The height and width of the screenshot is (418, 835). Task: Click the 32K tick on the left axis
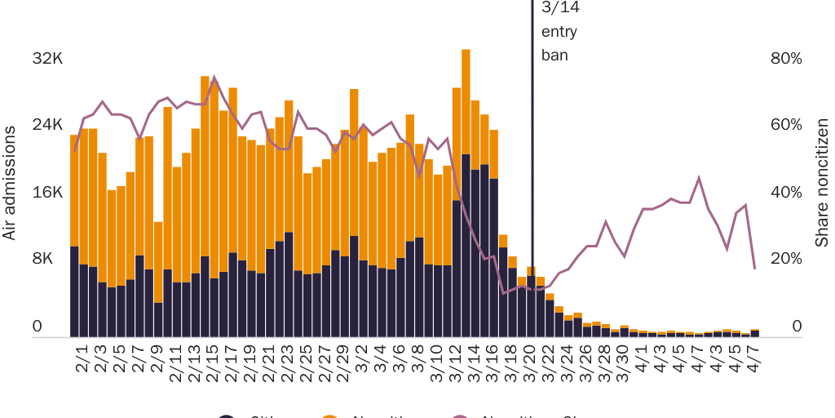[47, 59]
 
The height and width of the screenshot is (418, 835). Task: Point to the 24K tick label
[47, 125]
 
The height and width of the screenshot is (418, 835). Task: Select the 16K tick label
[47, 192]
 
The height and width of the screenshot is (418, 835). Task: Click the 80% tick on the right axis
[787, 59]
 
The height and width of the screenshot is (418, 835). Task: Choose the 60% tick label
[787, 125]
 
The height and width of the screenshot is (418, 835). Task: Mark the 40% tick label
[787, 192]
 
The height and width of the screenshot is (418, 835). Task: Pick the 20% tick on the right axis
[787, 259]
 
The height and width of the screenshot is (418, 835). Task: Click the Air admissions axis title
[10, 183]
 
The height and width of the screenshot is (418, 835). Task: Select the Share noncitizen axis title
[823, 183]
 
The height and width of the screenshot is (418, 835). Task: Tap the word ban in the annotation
[554, 56]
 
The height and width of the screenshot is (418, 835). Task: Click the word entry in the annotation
[559, 33]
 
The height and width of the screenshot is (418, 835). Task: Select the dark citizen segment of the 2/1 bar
[74, 291]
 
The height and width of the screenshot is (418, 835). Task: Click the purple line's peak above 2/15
[214, 78]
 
